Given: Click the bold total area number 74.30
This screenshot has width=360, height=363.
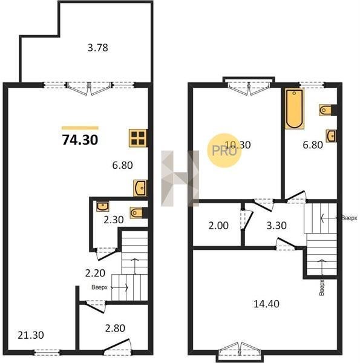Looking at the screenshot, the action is coord(80,140).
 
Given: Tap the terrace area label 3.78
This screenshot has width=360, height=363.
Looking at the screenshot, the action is coord(97,48).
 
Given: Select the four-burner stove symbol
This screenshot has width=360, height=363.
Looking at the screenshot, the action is coord(138,138).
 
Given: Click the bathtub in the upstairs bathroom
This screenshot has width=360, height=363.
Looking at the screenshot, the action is coord(294,108).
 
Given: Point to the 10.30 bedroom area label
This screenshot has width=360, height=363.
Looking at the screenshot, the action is coord(238,145).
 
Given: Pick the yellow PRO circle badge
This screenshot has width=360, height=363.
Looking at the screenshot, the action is coord(224,151).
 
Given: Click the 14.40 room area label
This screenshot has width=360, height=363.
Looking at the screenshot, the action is coord(266,304).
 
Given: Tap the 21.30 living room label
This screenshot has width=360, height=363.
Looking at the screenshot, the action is coord(31,335).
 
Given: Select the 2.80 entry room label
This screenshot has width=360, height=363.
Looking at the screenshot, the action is coord(115,328).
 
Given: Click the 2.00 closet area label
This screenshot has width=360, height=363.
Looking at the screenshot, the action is coord(218,226).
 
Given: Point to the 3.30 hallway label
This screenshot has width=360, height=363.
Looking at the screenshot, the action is coord(277,226).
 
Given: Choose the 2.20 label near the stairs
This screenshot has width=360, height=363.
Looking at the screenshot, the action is coord(95,273).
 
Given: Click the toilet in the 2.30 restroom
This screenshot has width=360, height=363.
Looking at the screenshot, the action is coord(136,212).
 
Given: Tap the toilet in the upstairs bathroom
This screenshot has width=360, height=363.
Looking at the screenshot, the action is coord(326,110).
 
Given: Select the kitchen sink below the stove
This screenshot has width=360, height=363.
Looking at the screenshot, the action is coord(140,188).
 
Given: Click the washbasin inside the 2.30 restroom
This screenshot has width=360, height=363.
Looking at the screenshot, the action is coord(103,206).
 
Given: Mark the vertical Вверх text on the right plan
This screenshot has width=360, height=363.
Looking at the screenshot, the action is coord(321,287).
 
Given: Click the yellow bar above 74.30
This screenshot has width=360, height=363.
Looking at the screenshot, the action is coord(80,128).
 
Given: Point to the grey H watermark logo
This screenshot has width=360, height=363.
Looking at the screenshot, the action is coord(180,178).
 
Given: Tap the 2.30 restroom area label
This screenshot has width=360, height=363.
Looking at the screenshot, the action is coord(113,220).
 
